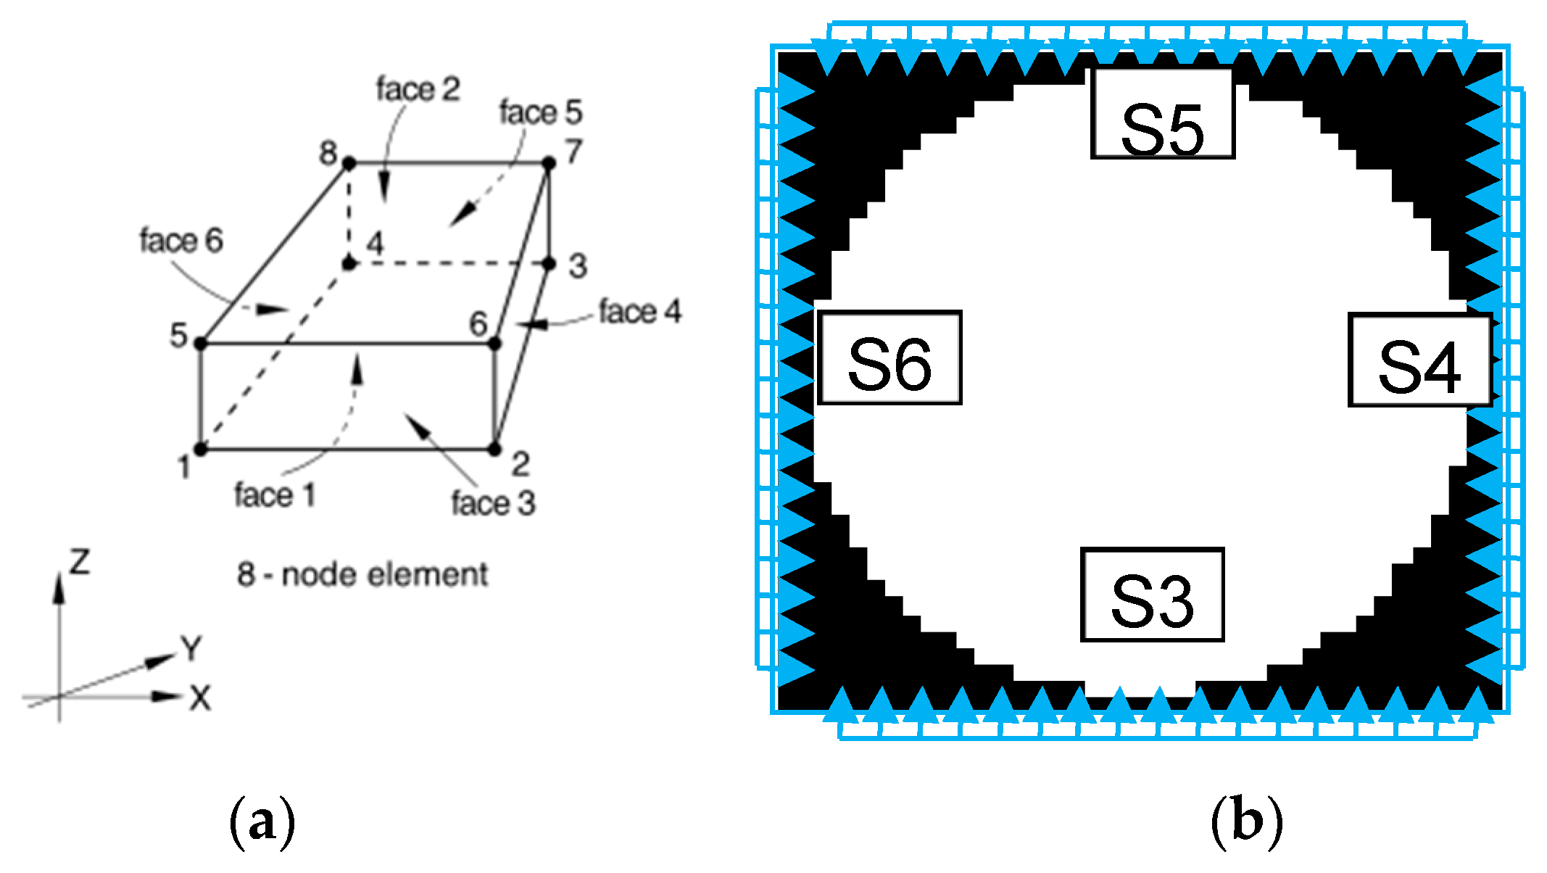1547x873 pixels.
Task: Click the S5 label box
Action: (1162, 114)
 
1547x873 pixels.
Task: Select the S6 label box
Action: (889, 357)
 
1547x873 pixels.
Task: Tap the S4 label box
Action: (1419, 360)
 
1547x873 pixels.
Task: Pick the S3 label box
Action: (1152, 595)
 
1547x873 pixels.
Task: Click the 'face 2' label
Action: (418, 89)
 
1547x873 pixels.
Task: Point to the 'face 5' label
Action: (540, 112)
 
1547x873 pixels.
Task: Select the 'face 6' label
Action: (181, 241)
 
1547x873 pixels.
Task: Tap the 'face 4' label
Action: (640, 312)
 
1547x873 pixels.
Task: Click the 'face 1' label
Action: (275, 496)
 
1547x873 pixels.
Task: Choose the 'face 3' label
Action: (493, 503)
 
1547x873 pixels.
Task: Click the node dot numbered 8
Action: (349, 164)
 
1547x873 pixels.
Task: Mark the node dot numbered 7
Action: (549, 163)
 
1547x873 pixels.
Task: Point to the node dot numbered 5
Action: (202, 343)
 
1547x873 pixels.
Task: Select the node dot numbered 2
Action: (494, 450)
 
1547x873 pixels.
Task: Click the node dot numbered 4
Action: (349, 262)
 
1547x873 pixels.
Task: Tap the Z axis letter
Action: (79, 562)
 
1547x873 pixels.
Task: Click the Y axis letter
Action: (191, 649)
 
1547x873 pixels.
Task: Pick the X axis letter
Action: (200, 698)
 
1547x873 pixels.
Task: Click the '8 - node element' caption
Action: (362, 575)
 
